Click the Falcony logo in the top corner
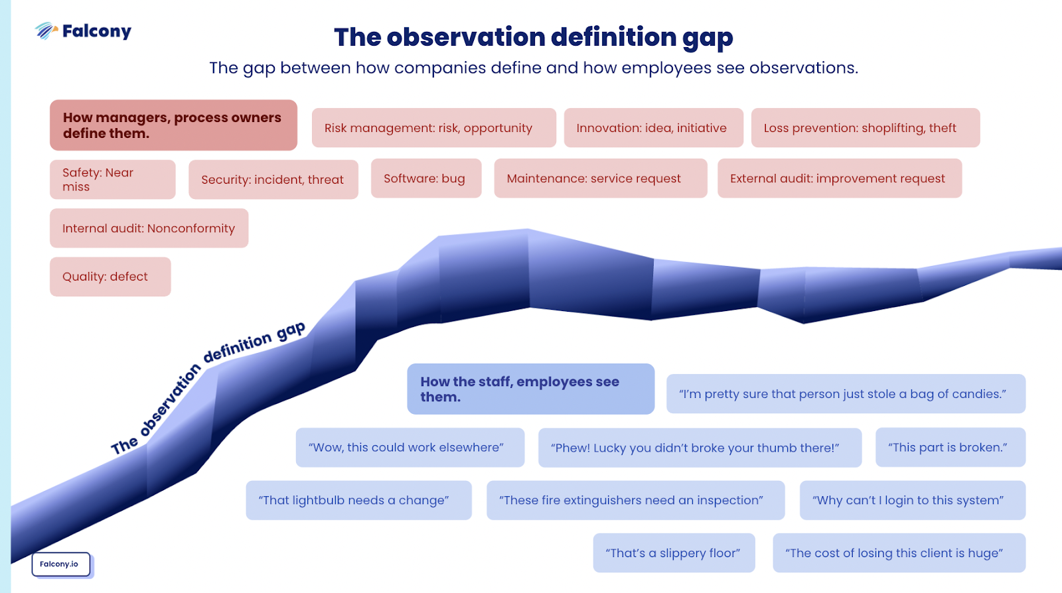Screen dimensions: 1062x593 coord(83,31)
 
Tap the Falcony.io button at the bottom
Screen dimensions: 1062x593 coord(60,564)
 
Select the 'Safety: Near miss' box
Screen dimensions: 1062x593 coord(113,180)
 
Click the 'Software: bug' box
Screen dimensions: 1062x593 coord(426,178)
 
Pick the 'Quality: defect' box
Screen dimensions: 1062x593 coord(110,277)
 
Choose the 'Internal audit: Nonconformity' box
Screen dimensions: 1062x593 coord(149,228)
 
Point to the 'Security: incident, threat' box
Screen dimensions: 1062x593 coord(273,180)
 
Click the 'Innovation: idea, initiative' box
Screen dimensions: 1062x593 coord(654,128)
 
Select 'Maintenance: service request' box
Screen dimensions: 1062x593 coord(601,178)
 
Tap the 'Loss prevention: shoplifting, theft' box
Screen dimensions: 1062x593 coord(866,128)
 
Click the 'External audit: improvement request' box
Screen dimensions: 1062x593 coord(840,178)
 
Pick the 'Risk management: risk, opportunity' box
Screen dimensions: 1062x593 coord(434,128)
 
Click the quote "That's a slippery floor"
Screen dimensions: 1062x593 coord(674,553)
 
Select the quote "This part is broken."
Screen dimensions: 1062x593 coord(950,448)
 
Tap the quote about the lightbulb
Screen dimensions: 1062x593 coord(359,500)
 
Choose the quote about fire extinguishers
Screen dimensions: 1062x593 coord(636,500)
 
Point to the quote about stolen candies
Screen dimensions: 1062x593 coord(846,394)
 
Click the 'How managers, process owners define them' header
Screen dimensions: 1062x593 coord(173,125)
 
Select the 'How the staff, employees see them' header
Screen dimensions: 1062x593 coord(531,389)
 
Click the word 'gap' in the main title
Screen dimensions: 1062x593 coord(708,38)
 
